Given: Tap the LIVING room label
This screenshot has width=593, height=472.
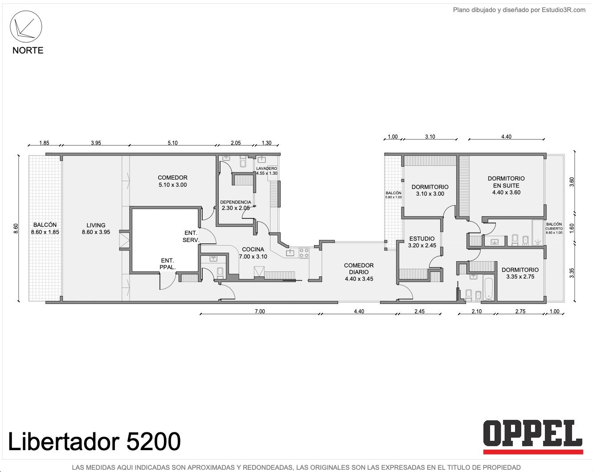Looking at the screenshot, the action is point(96,229).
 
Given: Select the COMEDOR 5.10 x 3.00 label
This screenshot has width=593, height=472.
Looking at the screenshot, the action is point(172,181).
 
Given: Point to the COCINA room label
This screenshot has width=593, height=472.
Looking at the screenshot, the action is point(253,253).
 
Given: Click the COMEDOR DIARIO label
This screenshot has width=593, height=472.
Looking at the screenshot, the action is point(359,272).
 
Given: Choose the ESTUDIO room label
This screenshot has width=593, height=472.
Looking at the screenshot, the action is point(422,242).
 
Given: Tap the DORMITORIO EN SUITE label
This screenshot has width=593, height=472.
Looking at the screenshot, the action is point(506,185).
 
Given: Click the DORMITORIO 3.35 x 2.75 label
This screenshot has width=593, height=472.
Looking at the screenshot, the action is point(520,273).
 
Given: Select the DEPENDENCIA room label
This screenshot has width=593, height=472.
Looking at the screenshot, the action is point(236,205).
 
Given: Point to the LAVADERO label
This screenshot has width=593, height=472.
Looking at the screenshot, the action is point(266,171).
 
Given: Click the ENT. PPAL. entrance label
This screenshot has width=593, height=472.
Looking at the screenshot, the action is point(168,264).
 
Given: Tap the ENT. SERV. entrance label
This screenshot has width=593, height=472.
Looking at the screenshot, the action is point(191,237).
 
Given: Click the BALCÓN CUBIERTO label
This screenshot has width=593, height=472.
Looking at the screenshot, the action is point(554,229).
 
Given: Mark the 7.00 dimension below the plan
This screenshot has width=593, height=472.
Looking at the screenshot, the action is point(260,311).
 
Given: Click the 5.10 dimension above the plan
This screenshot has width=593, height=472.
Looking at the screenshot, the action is point(172,143).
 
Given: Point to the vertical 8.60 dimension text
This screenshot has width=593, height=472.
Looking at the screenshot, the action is point(16,228).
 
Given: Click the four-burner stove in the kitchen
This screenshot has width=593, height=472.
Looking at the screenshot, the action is point(304,253).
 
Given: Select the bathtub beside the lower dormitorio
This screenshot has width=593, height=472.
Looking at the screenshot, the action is point(489,289).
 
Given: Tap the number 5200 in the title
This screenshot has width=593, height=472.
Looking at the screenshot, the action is point(153,441).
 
